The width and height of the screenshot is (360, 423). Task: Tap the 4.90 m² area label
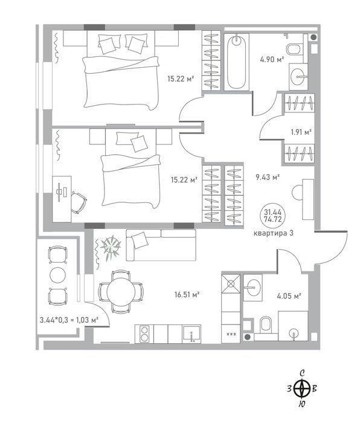[272, 59]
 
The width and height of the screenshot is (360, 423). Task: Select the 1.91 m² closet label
[301, 132]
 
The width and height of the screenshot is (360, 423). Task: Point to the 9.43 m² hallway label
[268, 177]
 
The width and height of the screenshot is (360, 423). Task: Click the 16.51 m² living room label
[187, 294]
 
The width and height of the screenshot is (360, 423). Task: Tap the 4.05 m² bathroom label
[289, 296]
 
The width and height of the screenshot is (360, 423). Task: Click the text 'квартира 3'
[274, 233]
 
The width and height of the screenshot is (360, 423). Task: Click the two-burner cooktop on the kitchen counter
[144, 334]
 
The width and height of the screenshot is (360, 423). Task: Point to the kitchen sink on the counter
[191, 334]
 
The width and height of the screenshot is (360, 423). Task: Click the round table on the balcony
[58, 274]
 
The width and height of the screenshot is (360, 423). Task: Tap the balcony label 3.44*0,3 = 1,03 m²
[69, 320]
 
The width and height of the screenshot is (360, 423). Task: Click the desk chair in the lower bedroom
[79, 202]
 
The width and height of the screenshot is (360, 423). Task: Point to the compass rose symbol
[301, 389]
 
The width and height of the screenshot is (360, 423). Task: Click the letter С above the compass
[302, 373]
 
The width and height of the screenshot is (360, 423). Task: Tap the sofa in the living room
[161, 245]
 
